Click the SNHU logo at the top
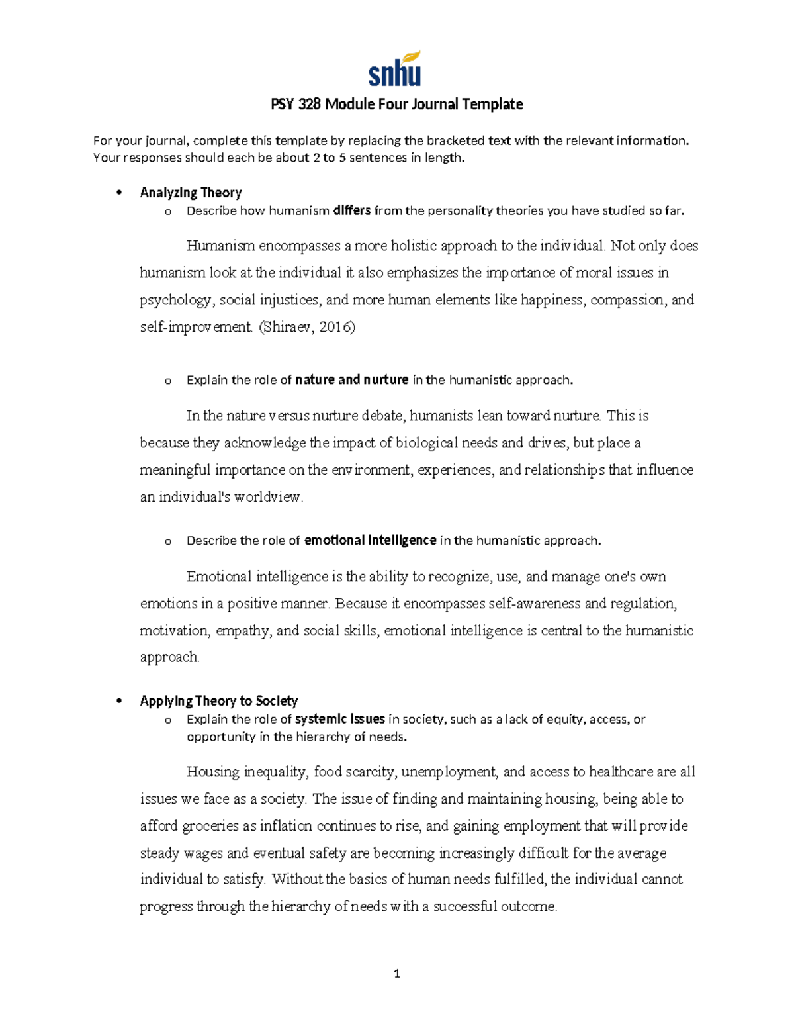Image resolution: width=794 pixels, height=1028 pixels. point(395,70)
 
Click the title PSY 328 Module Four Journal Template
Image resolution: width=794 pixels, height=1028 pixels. point(397,104)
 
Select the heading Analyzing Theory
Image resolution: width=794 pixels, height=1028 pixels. point(191,193)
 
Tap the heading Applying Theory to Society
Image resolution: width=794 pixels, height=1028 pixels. point(218,700)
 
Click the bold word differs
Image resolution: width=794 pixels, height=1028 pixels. point(352,210)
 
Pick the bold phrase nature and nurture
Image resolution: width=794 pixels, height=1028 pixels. point(351,380)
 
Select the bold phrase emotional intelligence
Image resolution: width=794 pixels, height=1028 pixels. point(370,541)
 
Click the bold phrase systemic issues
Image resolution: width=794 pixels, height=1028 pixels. point(339,719)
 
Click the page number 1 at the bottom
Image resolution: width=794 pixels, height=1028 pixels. point(397,973)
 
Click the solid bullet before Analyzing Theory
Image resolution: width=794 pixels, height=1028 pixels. point(119,193)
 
